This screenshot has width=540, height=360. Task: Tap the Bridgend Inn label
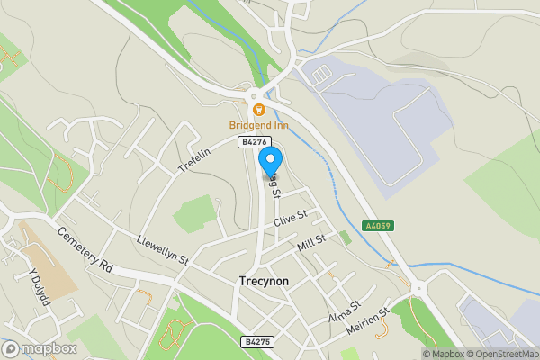258,124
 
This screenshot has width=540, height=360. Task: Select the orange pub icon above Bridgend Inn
258,110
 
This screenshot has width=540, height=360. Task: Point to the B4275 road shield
256,342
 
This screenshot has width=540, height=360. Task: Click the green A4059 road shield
378,226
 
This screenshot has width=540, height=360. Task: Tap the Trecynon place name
265,281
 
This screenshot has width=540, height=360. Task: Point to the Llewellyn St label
162,249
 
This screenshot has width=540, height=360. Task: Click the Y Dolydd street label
39,288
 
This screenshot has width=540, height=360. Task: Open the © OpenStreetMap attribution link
500,354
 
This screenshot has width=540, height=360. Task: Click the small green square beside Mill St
345,238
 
